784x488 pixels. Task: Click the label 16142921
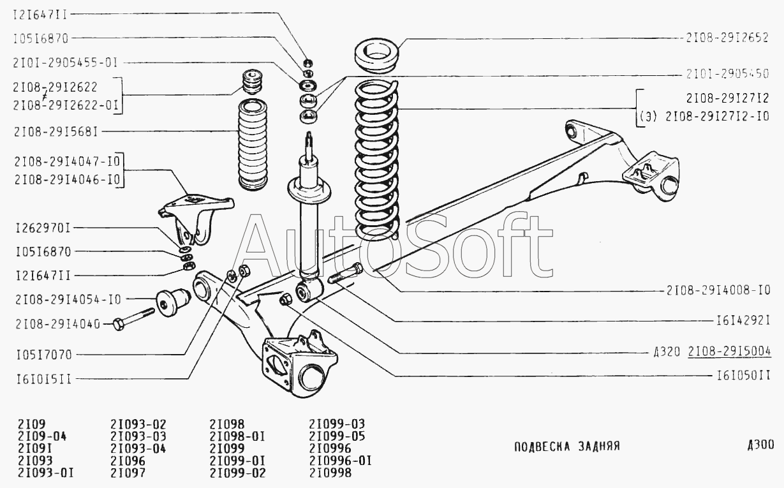tap(744, 321)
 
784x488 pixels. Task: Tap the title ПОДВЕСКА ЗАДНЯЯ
tap(566, 447)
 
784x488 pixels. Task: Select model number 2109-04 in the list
tap(42, 436)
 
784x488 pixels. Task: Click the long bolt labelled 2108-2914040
tap(135, 319)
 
